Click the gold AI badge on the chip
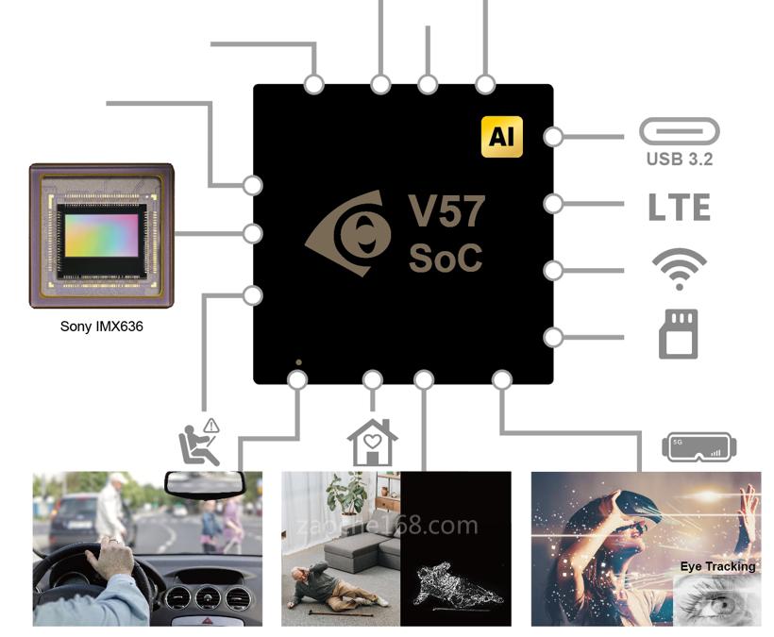[x=501, y=137]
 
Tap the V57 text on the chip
[x=446, y=211]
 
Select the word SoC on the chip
[x=445, y=258]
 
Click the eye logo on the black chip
[x=350, y=233]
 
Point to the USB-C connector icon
[x=679, y=131]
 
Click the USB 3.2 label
[x=679, y=159]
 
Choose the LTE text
[x=679, y=207]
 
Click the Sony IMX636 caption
[x=102, y=327]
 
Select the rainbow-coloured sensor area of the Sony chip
[x=100, y=231]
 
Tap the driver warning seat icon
[x=199, y=443]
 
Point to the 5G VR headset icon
[x=698, y=447]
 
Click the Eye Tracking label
[x=717, y=566]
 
